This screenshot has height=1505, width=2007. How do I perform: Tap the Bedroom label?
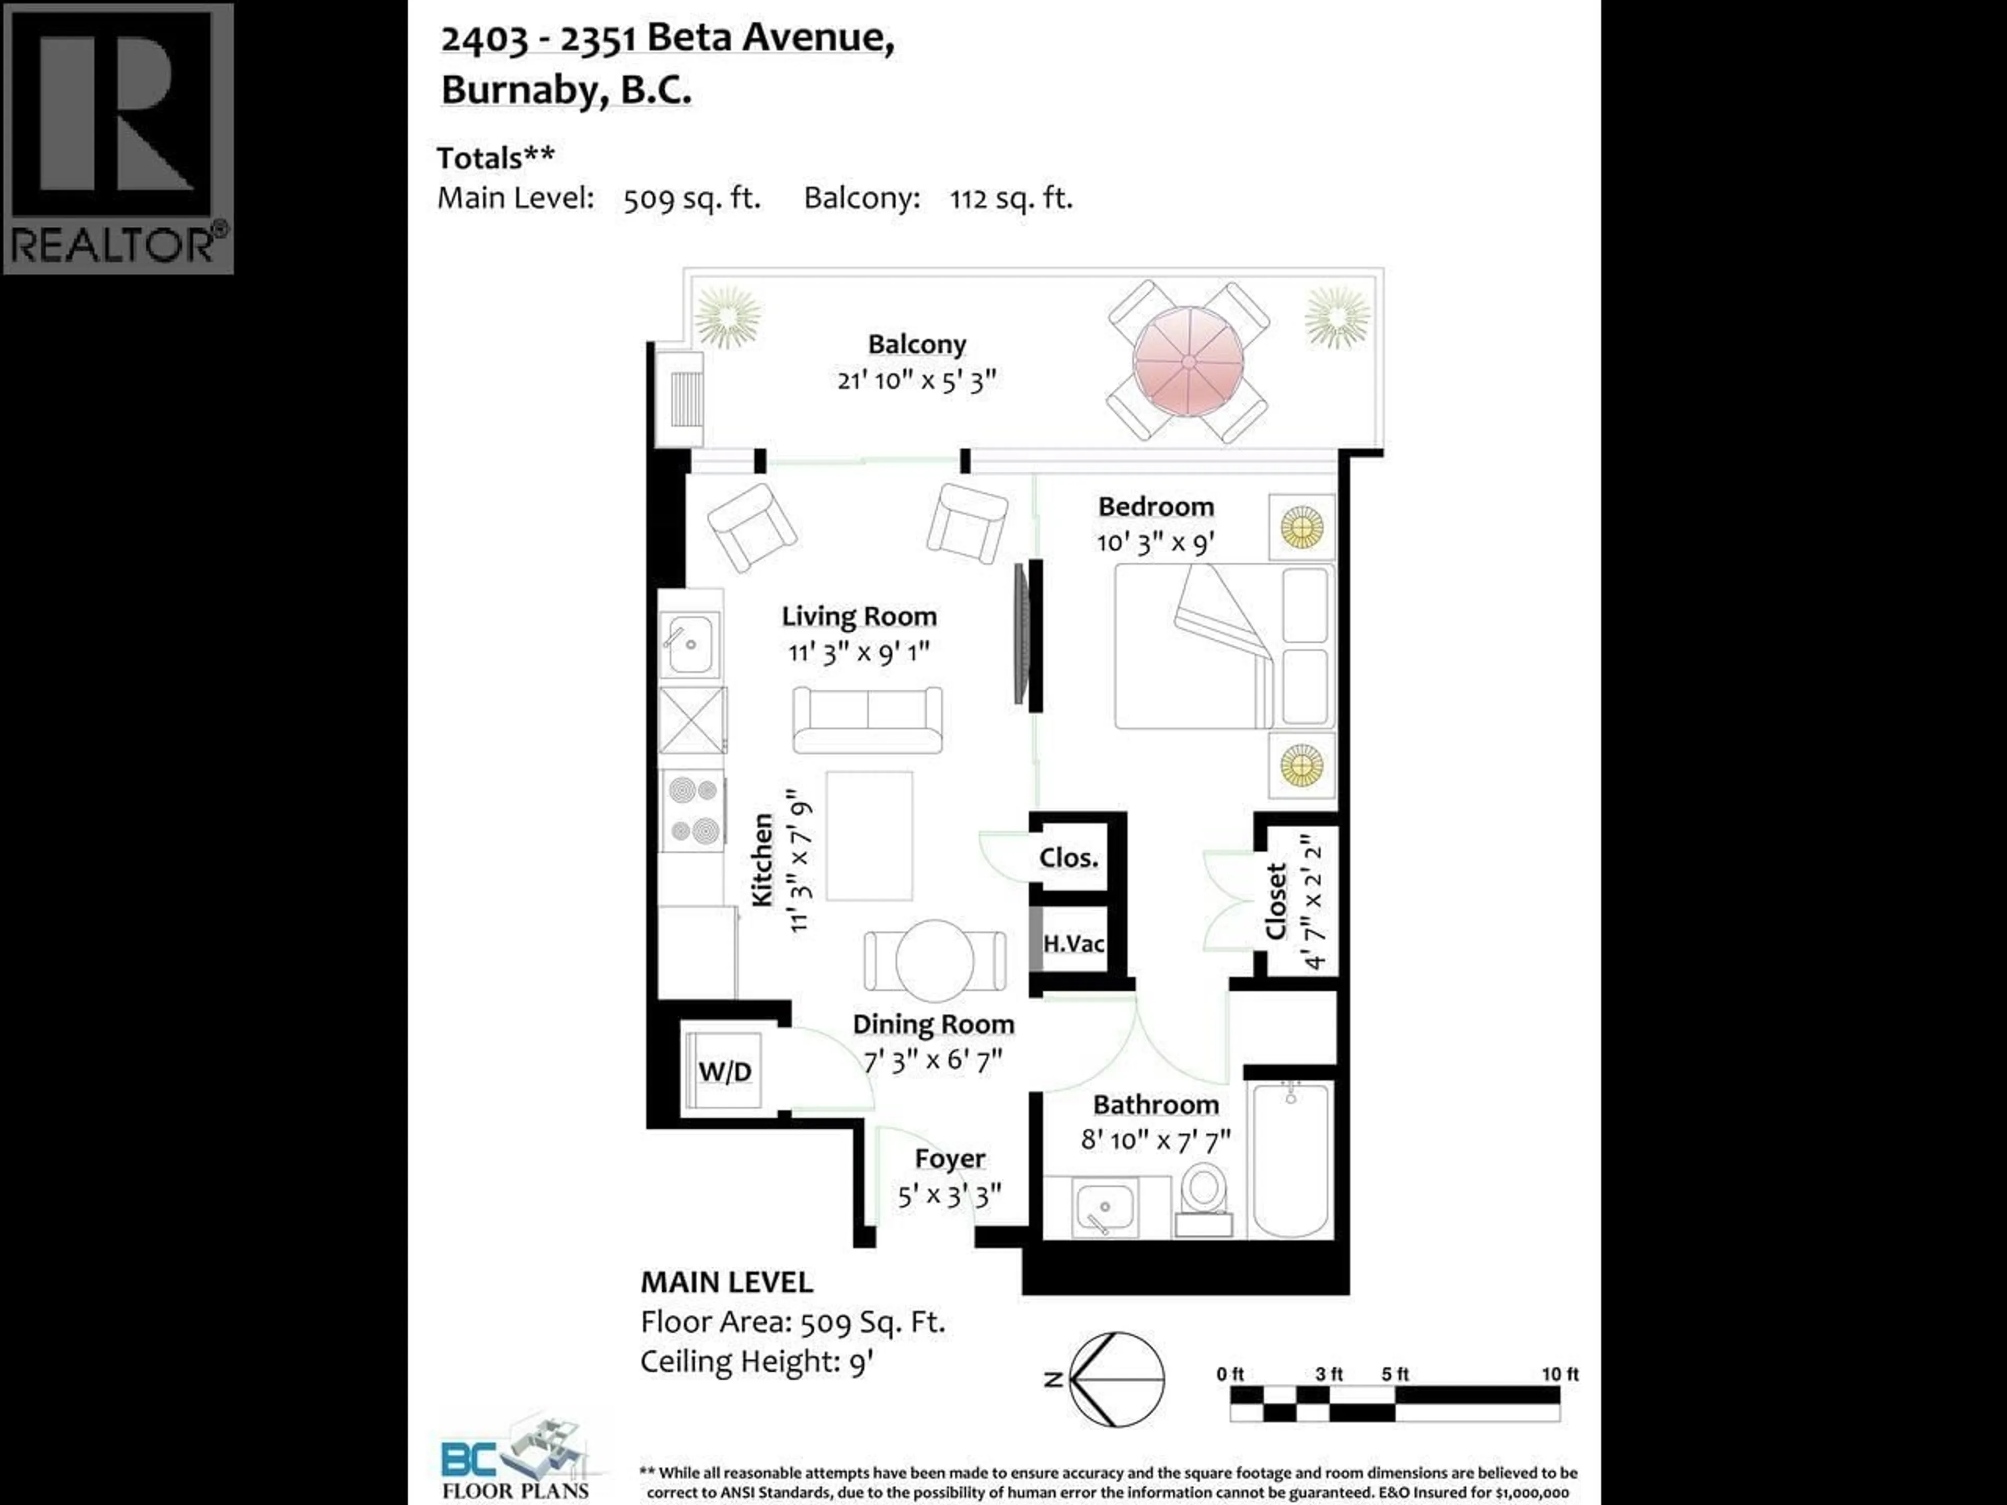tap(1155, 506)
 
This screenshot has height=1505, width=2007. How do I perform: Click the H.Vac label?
tap(1074, 943)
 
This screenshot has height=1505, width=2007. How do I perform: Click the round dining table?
tap(935, 960)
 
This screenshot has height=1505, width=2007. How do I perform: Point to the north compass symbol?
tap(1115, 1379)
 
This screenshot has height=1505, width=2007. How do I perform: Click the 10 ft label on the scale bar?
tap(1560, 1374)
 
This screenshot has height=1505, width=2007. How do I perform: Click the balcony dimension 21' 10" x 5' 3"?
tap(916, 380)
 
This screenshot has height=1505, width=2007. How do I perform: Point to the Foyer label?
tap(949, 1159)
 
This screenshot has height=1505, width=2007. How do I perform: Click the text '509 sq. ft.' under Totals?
tap(691, 198)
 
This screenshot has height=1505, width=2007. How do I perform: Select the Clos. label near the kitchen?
tap(1068, 858)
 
